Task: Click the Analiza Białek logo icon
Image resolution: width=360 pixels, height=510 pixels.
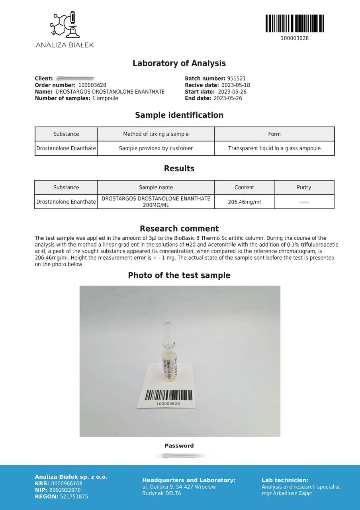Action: click(64, 25)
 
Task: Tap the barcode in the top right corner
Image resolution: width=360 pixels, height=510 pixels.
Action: click(295, 24)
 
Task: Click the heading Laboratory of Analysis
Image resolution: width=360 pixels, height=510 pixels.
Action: click(179, 63)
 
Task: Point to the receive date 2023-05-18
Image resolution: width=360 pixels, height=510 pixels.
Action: click(235, 85)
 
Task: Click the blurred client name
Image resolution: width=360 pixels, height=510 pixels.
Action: click(75, 78)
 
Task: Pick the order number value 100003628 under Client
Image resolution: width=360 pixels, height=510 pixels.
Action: click(92, 85)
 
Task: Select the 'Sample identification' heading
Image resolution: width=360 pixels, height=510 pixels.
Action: click(179, 115)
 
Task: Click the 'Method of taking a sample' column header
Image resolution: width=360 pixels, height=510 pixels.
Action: click(156, 134)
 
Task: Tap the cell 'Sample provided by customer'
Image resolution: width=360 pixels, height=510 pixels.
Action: click(156, 149)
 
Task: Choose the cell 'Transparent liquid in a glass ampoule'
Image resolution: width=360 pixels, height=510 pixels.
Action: click(274, 149)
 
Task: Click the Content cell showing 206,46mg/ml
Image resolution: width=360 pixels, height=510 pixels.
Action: click(244, 202)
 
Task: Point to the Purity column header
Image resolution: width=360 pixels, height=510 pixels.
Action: click(304, 188)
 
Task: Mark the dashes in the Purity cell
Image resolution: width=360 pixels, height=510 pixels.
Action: click(304, 202)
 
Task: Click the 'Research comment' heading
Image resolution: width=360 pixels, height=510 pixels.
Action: click(179, 229)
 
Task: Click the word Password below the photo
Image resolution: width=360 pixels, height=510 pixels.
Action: click(179, 446)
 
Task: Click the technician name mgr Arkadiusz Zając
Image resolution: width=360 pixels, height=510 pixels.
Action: click(287, 494)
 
